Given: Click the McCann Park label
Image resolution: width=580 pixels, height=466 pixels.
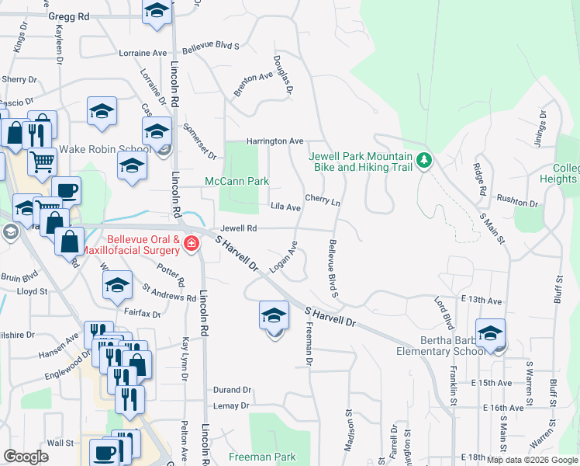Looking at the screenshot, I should point(236,181).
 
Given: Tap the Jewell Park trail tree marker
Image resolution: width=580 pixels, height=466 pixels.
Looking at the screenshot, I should point(423,161).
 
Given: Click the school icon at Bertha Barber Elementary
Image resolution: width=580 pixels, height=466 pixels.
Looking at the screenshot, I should point(490,333).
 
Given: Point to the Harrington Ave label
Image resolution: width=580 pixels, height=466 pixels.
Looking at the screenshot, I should point(274,141).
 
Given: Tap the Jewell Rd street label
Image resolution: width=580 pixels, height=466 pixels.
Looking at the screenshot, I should point(239,228).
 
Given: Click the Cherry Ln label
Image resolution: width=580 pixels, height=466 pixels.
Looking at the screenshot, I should point(323,200).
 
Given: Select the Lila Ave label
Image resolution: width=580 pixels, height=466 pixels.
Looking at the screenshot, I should point(285,207).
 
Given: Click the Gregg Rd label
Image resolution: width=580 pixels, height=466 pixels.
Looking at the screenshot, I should point(68,16).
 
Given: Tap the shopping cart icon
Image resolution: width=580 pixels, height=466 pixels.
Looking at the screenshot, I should point(43,162).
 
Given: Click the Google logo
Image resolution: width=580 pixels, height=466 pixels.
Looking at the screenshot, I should point(26,457).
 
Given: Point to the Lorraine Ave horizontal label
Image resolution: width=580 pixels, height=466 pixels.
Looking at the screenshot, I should point(143,54).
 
